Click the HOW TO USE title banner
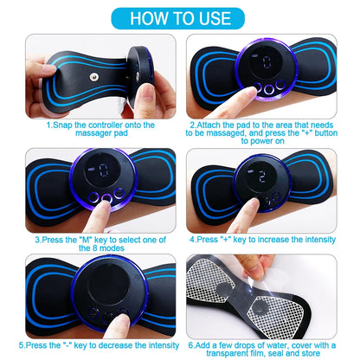[179, 17]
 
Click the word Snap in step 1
[62, 125]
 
